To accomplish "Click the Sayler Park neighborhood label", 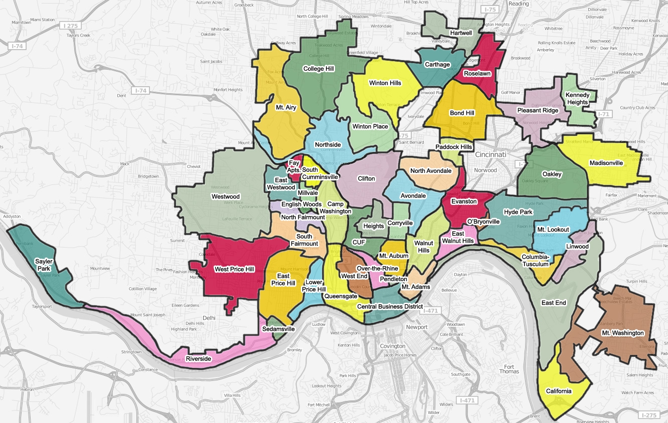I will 44,265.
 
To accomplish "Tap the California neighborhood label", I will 558,391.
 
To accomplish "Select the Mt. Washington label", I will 622,333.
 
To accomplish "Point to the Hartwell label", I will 461,33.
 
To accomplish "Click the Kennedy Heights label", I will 577,99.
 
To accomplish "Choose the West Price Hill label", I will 234,269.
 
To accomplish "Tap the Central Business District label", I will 390,306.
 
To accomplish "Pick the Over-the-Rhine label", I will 377,269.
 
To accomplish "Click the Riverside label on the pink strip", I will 199,359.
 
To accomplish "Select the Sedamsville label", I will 278,329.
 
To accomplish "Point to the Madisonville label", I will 606,163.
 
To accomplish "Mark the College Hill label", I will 318,69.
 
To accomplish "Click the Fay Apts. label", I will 294,166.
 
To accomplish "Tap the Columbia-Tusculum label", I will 536,261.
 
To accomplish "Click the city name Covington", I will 393,346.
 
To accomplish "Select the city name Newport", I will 417,327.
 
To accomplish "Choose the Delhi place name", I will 208,318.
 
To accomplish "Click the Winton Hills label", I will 385,83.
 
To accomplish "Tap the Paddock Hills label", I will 453,147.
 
